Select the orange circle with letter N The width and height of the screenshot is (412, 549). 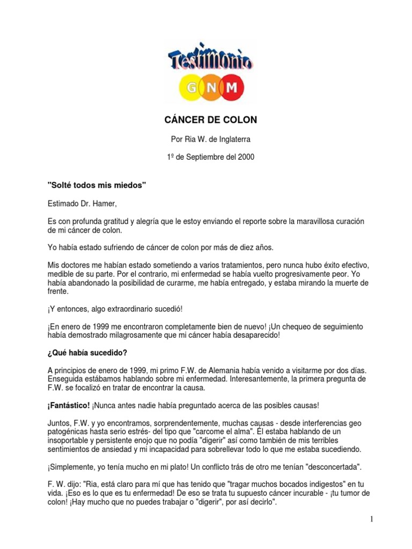(x=207, y=87)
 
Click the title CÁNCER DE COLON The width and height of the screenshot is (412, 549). (x=206, y=120)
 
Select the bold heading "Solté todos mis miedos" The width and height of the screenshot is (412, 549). (x=97, y=185)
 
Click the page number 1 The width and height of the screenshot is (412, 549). (x=371, y=519)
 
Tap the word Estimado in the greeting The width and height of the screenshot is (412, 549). (x=63, y=203)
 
